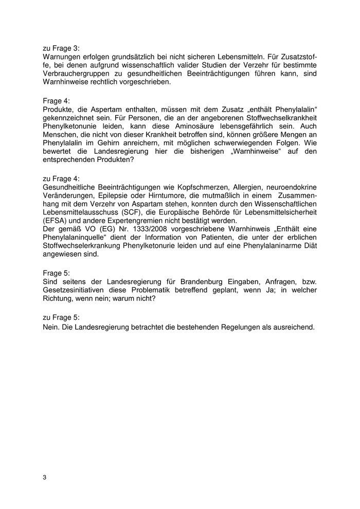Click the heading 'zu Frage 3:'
61,48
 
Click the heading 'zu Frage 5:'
61,318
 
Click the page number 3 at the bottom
45,478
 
